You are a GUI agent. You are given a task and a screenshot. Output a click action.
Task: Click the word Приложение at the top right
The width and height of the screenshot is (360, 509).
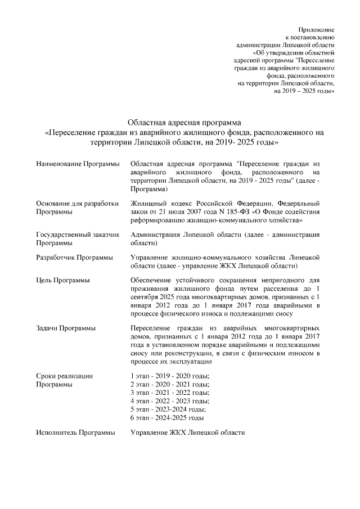[316, 28]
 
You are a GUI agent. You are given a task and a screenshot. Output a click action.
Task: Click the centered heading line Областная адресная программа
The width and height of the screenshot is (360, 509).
[184, 121]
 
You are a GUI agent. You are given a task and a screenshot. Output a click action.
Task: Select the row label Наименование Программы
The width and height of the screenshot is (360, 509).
[78, 163]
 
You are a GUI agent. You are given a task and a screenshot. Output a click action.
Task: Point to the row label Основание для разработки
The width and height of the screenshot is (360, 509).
[77, 203]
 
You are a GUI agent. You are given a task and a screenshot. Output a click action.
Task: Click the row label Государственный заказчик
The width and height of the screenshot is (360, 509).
[77, 235]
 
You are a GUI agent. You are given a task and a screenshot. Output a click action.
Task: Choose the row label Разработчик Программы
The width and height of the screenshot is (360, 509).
[74, 257]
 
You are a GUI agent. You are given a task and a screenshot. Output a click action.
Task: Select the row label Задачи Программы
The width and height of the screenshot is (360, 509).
[65, 328]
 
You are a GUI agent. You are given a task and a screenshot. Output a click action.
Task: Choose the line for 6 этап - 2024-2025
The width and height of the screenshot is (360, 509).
[166, 418]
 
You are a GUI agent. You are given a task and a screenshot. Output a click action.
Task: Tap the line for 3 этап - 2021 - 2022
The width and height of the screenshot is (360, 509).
[169, 393]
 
